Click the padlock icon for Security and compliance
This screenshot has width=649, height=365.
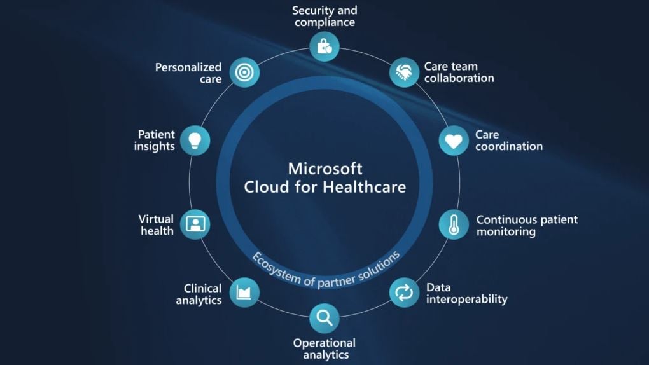[324, 46]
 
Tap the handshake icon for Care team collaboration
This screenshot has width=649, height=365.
[404, 72]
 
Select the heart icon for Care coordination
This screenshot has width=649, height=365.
[454, 141]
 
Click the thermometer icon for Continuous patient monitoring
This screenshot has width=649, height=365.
[454, 224]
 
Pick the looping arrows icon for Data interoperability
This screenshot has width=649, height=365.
[404, 293]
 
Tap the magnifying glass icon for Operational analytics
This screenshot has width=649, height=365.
[324, 318]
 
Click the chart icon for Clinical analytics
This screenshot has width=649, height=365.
[244, 293]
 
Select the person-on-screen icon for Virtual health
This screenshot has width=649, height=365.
[195, 224]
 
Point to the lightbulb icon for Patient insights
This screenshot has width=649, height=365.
[195, 141]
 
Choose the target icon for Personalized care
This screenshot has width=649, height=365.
[244, 72]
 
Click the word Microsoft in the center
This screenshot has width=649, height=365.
[325, 169]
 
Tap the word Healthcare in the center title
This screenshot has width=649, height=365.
[364, 187]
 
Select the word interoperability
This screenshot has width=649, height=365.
[467, 300]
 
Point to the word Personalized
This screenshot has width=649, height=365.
[188, 67]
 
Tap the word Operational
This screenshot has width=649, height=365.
[324, 343]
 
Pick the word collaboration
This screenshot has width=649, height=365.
[459, 78]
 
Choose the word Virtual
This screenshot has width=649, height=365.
[156, 219]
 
